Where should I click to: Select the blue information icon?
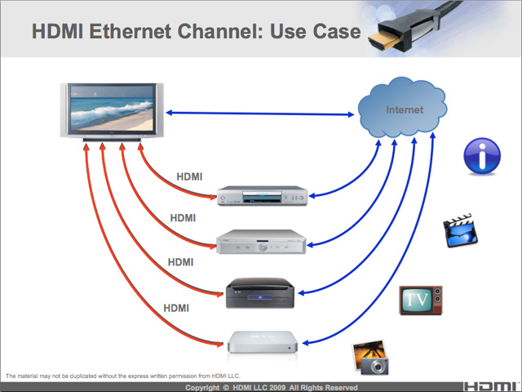(x=481, y=156)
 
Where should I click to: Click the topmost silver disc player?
(x=262, y=195)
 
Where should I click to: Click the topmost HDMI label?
(x=189, y=176)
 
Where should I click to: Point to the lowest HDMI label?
(x=176, y=308)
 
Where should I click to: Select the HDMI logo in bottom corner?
(x=489, y=385)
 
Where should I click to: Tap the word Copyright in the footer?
(x=209, y=386)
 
